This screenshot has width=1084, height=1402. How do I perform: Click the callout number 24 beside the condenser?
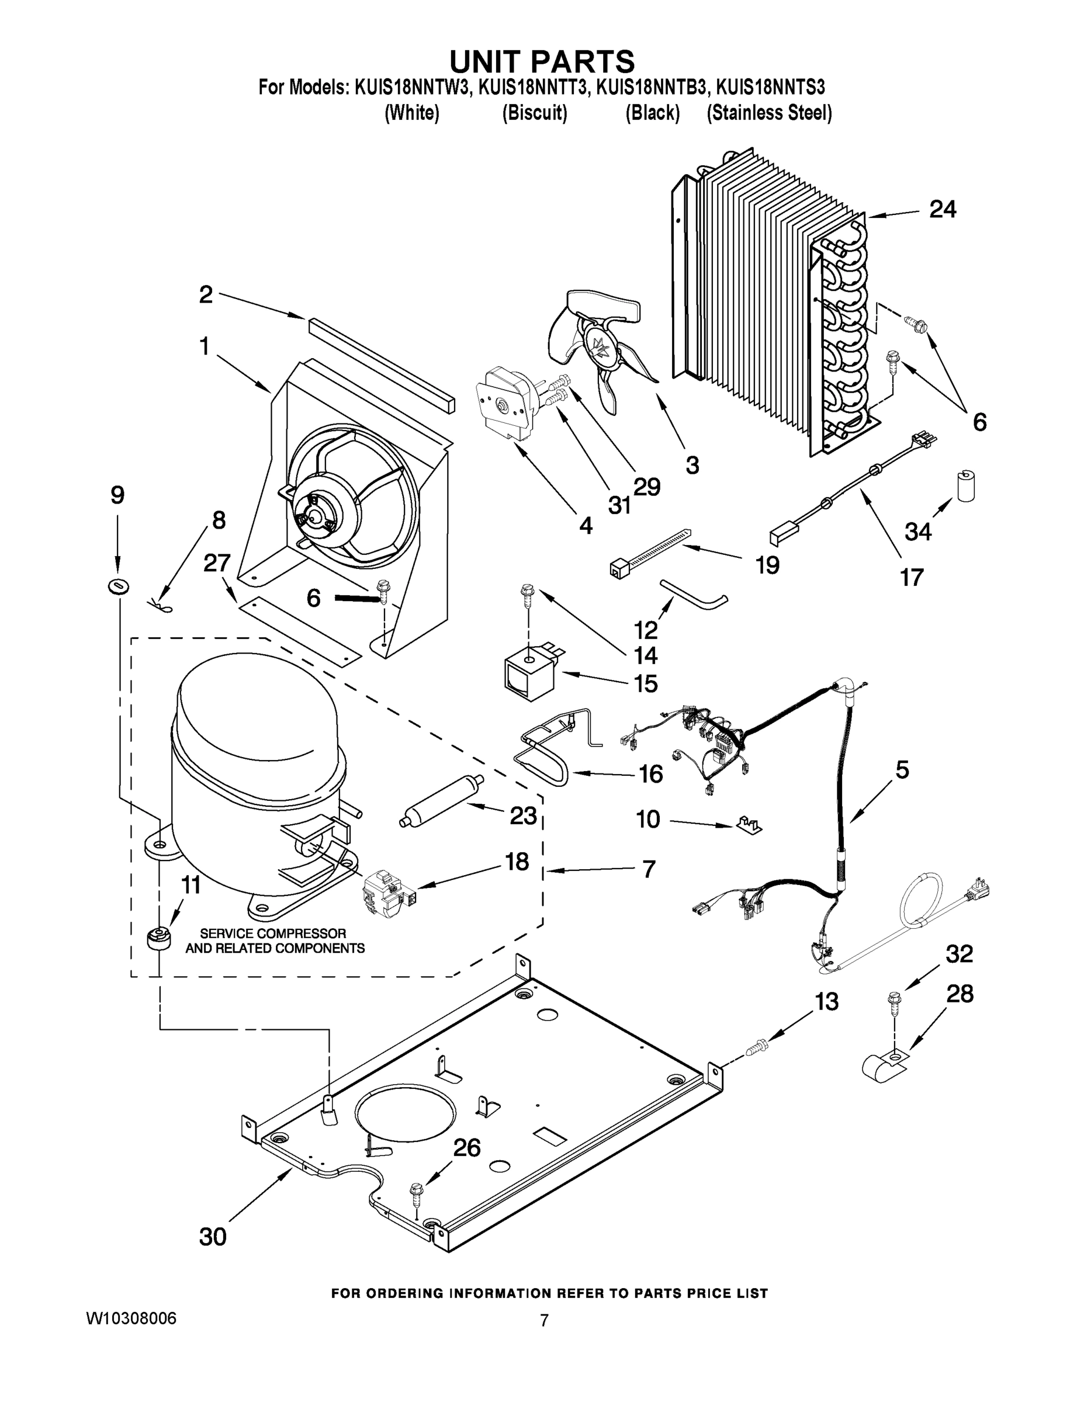pos(943,209)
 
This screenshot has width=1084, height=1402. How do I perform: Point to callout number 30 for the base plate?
pos(213,1236)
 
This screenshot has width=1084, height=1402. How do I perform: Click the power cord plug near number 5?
pos(979,890)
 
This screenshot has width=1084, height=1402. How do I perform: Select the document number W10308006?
pos(131,1318)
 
